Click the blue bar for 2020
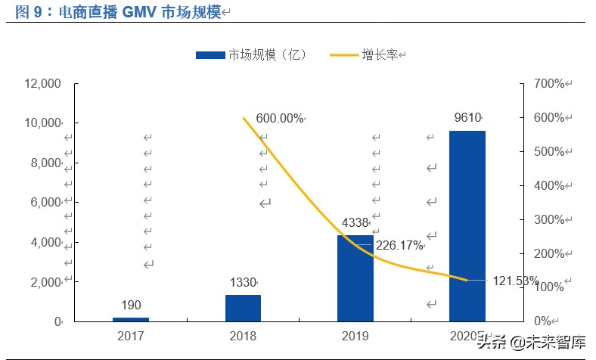click(467, 225)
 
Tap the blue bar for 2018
click(243, 308)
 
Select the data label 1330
click(243, 282)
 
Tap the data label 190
click(131, 305)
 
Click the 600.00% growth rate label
click(279, 118)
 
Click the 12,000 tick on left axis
click(42, 83)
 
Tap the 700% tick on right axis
click(548, 83)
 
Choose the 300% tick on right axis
click(548, 219)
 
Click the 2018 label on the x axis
click(243, 336)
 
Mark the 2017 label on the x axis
click(131, 336)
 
